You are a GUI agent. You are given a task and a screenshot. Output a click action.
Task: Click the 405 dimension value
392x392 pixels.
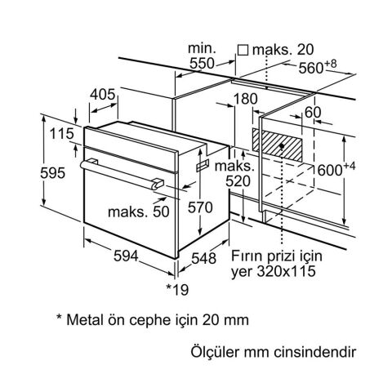click(x=103, y=95)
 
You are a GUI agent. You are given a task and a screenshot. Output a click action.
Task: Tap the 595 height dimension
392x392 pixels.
click(x=53, y=173)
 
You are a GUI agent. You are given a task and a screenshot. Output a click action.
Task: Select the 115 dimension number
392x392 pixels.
click(x=62, y=133)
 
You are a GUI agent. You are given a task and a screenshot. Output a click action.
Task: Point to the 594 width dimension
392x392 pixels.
click(x=126, y=256)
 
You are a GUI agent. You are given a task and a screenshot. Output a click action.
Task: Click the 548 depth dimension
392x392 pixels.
click(x=204, y=258)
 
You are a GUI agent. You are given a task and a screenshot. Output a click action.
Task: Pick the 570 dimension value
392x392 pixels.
click(x=200, y=207)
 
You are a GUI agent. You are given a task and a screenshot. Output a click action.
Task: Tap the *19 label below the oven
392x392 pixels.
click(x=177, y=289)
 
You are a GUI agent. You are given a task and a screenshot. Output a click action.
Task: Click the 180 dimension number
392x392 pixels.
click(x=245, y=99)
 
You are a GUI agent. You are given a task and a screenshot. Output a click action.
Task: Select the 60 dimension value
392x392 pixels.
click(x=313, y=112)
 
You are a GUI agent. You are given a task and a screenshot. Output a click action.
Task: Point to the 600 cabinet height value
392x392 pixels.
click(x=330, y=171)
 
